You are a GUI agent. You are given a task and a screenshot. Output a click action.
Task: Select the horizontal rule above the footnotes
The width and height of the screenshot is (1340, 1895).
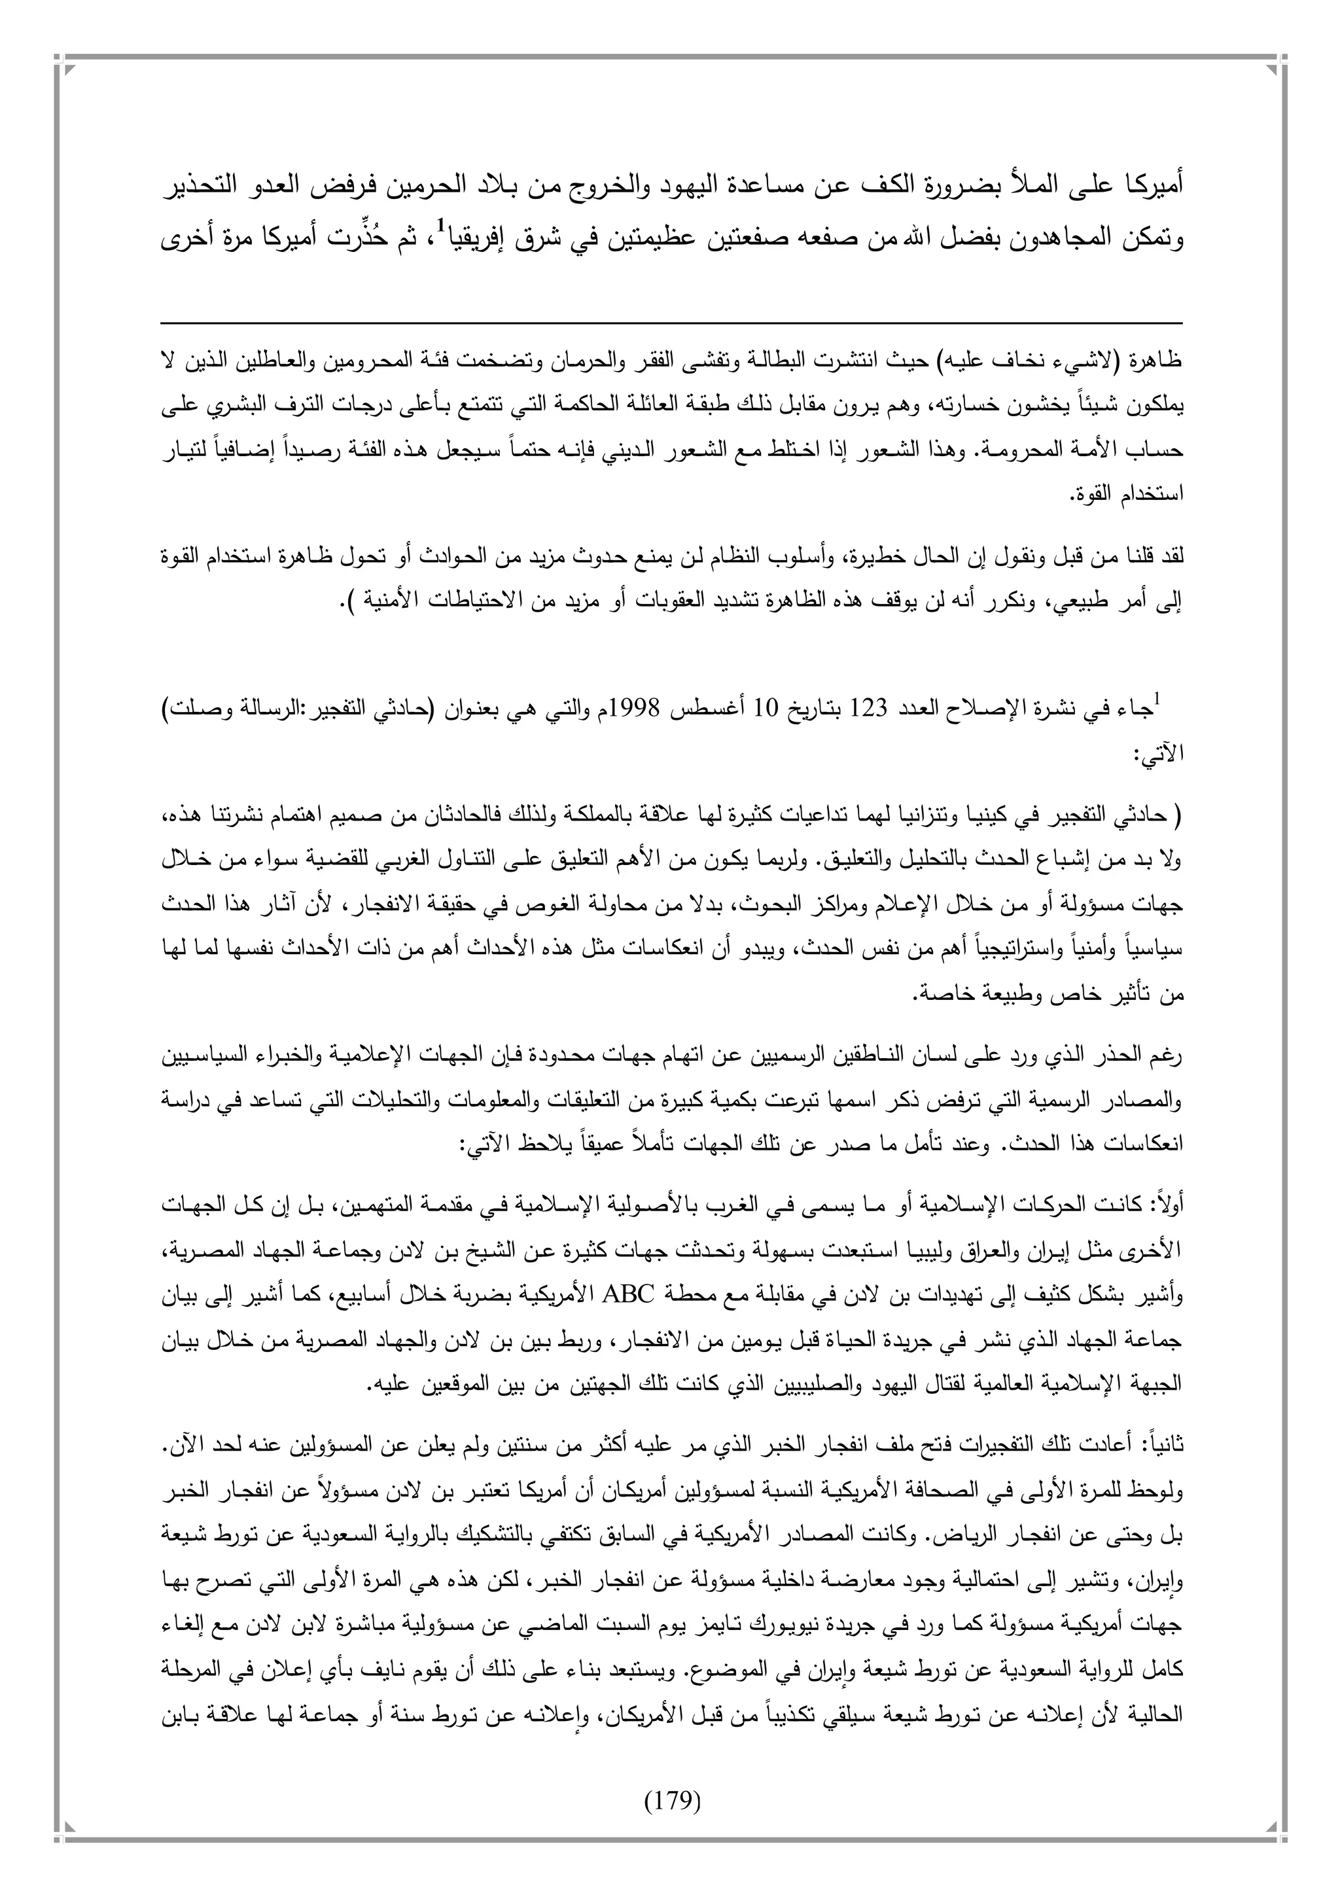[670, 323]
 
